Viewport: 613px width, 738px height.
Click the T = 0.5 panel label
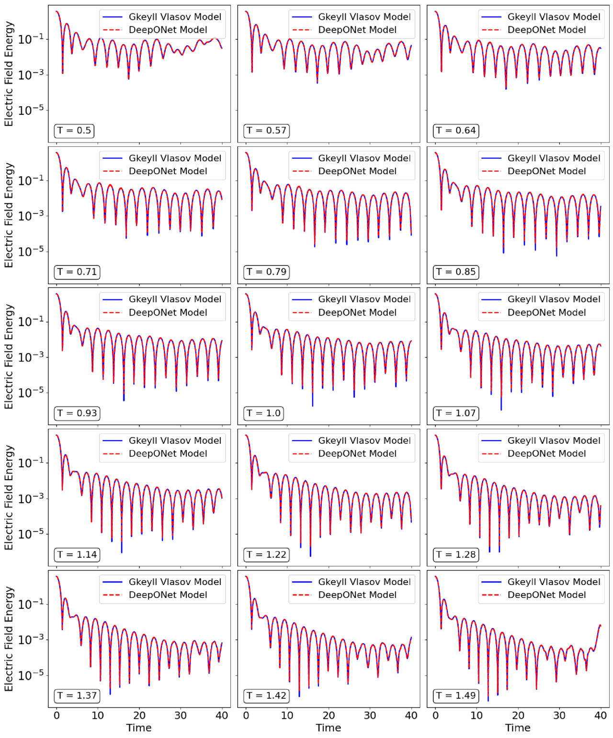point(74,131)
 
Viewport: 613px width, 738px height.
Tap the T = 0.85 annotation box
point(455,272)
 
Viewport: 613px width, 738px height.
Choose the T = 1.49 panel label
point(455,696)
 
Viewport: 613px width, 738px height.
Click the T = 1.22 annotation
point(266,555)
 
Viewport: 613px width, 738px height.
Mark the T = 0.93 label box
point(77,413)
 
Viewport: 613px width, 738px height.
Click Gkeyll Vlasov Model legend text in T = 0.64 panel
point(554,17)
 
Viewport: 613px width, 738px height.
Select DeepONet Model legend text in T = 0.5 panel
point(168,30)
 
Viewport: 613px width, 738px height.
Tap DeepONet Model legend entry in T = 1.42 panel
point(357,595)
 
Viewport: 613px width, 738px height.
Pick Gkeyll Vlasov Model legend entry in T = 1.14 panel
point(175,441)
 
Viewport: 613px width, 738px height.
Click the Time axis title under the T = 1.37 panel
point(139,728)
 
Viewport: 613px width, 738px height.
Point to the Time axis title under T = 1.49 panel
point(518,728)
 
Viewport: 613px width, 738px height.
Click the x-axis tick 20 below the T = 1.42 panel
point(329,716)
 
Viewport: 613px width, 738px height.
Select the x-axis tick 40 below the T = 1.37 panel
point(222,716)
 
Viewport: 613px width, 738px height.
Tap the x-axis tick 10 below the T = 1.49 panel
point(477,716)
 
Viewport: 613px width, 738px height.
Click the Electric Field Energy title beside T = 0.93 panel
point(9,356)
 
